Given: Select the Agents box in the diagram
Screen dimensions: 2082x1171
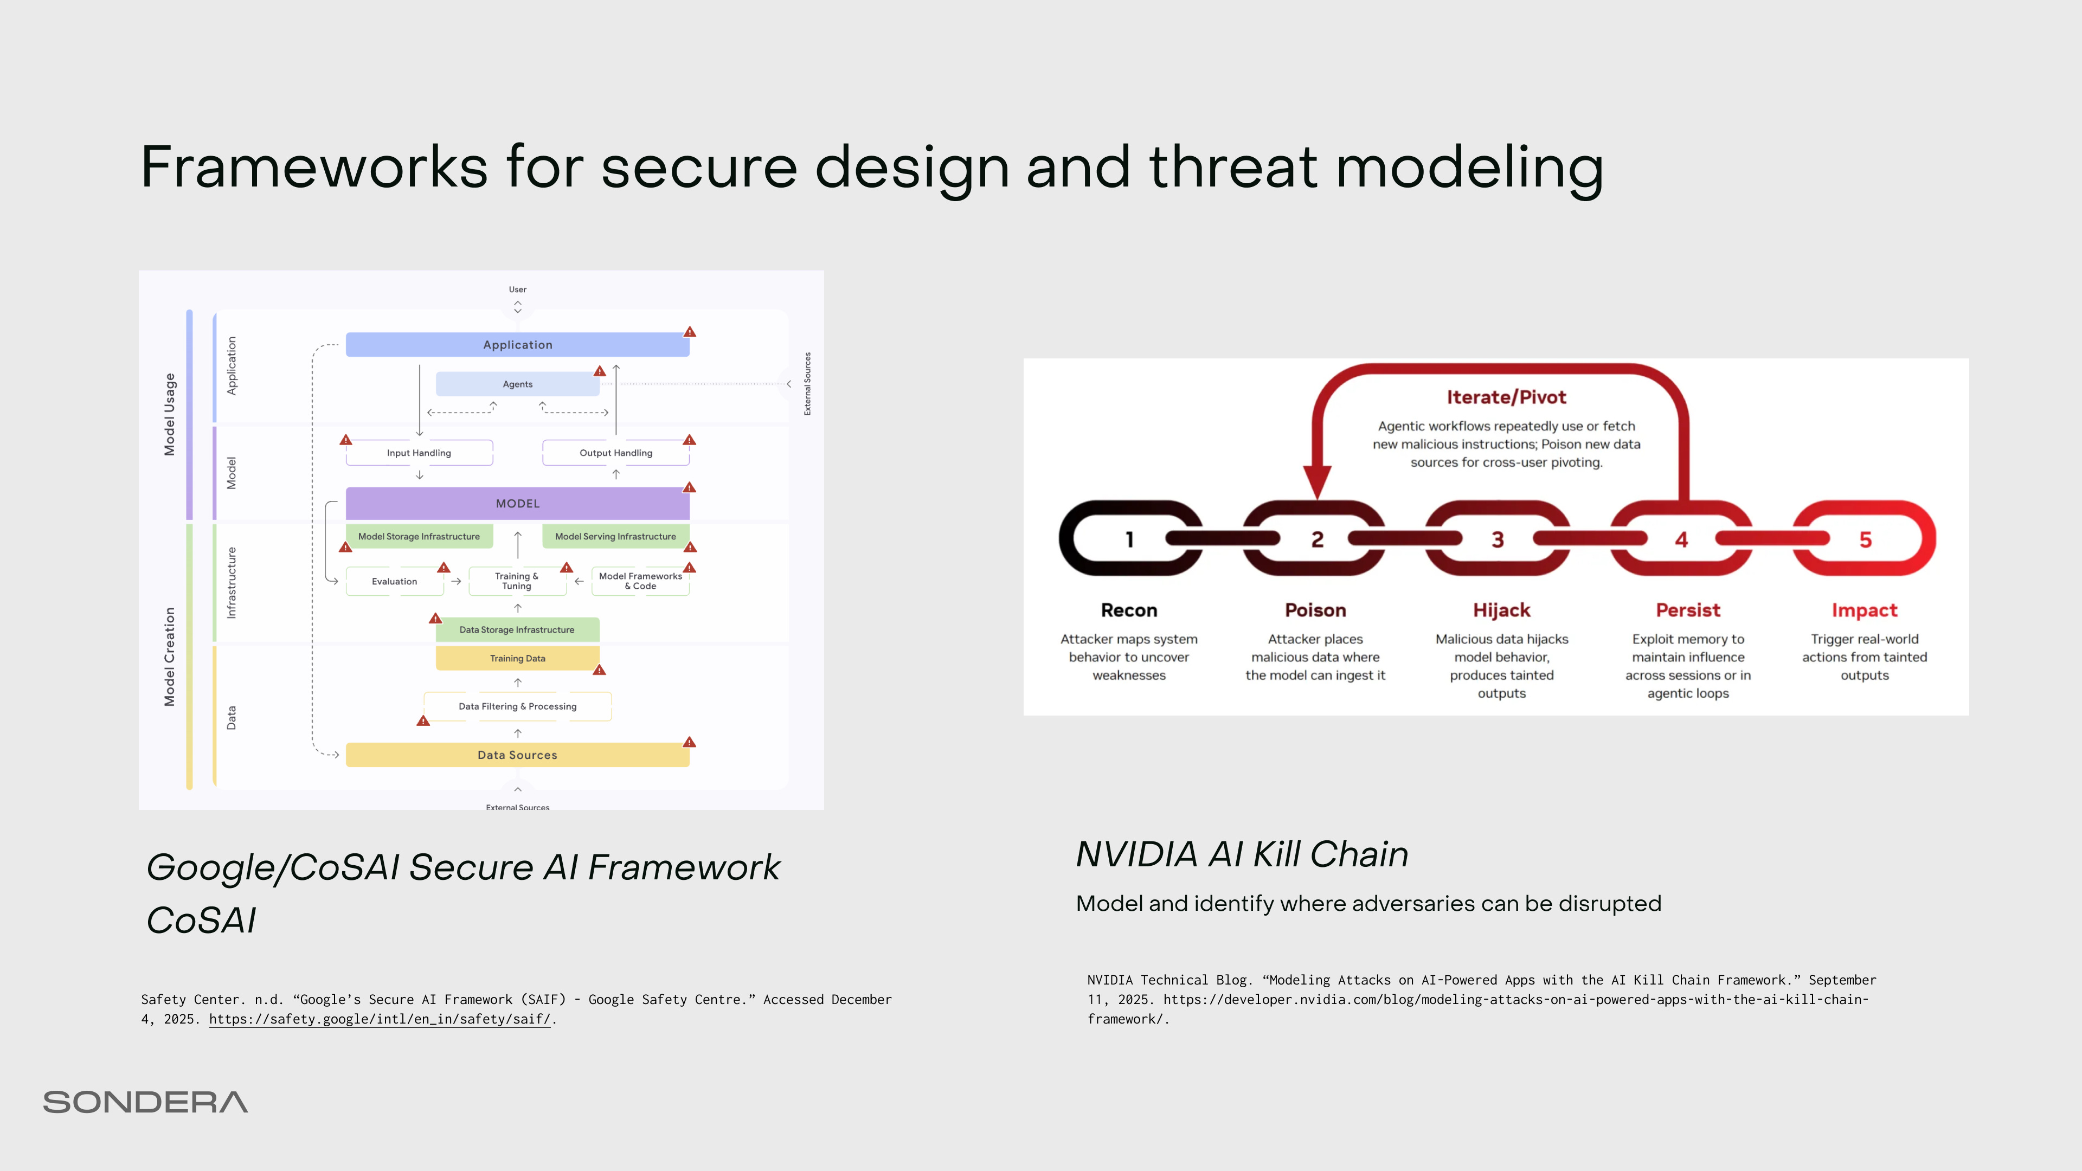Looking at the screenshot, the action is tap(517, 384).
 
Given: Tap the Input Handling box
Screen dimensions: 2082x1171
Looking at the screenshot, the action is tap(419, 453).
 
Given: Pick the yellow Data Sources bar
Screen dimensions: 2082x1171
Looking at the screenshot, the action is tap(517, 755).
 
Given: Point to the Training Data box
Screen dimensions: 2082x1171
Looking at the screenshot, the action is tap(517, 658).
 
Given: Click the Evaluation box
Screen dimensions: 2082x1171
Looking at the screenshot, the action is tap(394, 581).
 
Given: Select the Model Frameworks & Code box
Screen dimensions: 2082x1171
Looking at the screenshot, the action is tap(640, 581).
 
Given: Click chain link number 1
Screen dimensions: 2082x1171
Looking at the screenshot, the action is tap(1129, 539).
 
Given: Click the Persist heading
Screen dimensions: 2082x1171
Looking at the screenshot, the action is tap(1688, 610).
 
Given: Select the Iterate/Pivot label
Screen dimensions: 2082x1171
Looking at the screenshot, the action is tap(1506, 397).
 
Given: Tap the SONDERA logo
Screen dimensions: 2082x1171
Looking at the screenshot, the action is tap(145, 1102).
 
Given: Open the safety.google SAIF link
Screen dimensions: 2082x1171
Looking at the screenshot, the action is tap(379, 1019).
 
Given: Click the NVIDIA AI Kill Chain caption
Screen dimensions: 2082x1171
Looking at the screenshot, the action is tap(1242, 854).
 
